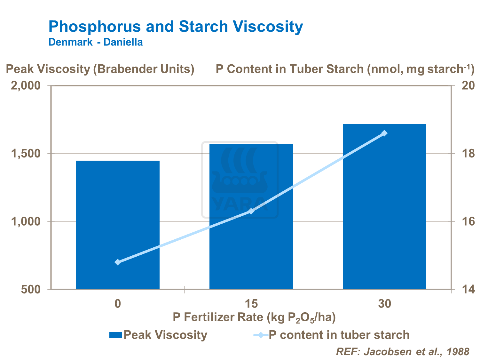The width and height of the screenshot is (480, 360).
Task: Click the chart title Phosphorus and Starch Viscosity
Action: [x=176, y=27]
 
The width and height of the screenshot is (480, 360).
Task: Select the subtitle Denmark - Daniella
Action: [x=95, y=42]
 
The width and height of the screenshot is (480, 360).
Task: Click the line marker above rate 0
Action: [x=118, y=262]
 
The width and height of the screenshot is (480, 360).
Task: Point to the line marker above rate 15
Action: [x=251, y=211]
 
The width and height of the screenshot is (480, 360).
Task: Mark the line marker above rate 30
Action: [x=384, y=133]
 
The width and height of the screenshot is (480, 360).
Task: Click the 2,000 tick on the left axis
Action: [x=26, y=86]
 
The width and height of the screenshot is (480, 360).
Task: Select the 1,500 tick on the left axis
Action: [x=26, y=154]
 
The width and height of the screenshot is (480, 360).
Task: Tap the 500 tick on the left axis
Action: [x=32, y=289]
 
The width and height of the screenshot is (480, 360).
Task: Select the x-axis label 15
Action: [x=251, y=303]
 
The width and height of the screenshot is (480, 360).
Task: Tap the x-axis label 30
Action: [x=384, y=303]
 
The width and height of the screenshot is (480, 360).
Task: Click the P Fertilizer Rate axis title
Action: [x=254, y=317]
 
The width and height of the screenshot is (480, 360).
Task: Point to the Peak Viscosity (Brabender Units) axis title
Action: [x=100, y=69]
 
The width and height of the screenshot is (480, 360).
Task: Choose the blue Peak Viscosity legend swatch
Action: [x=115, y=335]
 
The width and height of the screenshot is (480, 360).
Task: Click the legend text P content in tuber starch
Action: [x=339, y=335]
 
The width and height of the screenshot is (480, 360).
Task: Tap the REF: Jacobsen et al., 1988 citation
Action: [x=403, y=351]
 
